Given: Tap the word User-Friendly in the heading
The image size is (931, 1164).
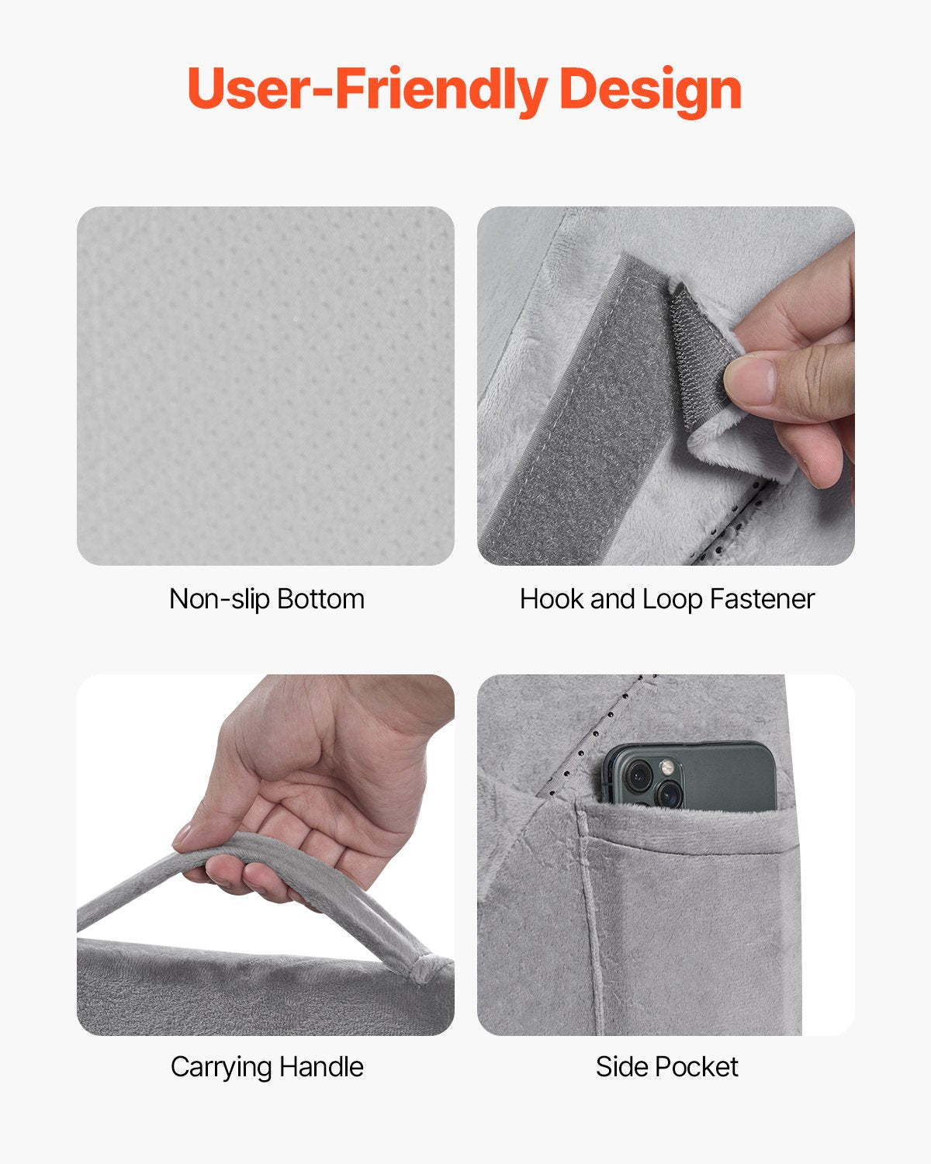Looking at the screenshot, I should click(x=366, y=89).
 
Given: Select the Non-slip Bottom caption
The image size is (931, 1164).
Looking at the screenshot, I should click(x=266, y=599).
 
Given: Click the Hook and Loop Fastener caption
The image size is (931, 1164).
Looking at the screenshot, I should click(x=666, y=599).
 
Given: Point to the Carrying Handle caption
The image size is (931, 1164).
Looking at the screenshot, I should click(x=266, y=1067).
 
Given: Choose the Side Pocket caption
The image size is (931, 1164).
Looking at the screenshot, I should click(x=666, y=1067).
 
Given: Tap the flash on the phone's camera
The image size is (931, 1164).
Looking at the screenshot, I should click(x=666, y=767).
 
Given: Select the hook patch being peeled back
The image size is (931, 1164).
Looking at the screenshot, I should click(x=698, y=349).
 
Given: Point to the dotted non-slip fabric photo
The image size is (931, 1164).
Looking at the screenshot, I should click(x=265, y=386).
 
